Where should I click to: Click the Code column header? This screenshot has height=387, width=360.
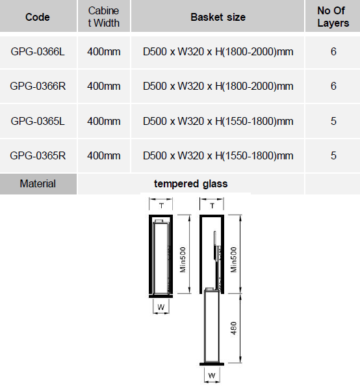coord(38,17)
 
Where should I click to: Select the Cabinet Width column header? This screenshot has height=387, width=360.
coord(103,17)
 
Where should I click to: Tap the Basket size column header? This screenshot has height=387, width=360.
coord(218,17)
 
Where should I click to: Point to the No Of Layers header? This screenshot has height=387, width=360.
coord(333,17)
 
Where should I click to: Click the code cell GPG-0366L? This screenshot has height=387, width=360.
coord(38,51)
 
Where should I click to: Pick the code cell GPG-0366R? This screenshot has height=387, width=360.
coord(38,86)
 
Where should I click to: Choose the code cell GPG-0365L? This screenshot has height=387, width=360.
coord(38,121)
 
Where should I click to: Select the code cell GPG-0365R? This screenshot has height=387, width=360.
coord(38,155)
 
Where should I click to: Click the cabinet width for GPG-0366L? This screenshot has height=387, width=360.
coord(104,51)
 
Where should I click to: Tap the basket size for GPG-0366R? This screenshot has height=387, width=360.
coord(218,86)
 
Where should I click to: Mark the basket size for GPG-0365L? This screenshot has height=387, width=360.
coord(218,121)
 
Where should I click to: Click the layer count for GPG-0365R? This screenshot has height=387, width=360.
coord(333,155)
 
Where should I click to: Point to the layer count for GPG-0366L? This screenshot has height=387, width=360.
coord(333,51)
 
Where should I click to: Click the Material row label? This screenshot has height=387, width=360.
coord(38,183)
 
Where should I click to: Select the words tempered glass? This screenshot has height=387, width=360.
coord(190,184)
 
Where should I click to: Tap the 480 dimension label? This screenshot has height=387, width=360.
coord(233,328)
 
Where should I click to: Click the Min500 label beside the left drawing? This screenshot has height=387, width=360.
coord(183,260)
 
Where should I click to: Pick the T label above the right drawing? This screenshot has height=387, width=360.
coord(212,206)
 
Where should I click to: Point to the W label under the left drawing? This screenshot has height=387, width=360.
coord(161,307)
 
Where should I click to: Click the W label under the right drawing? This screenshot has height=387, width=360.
coord(212,375)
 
